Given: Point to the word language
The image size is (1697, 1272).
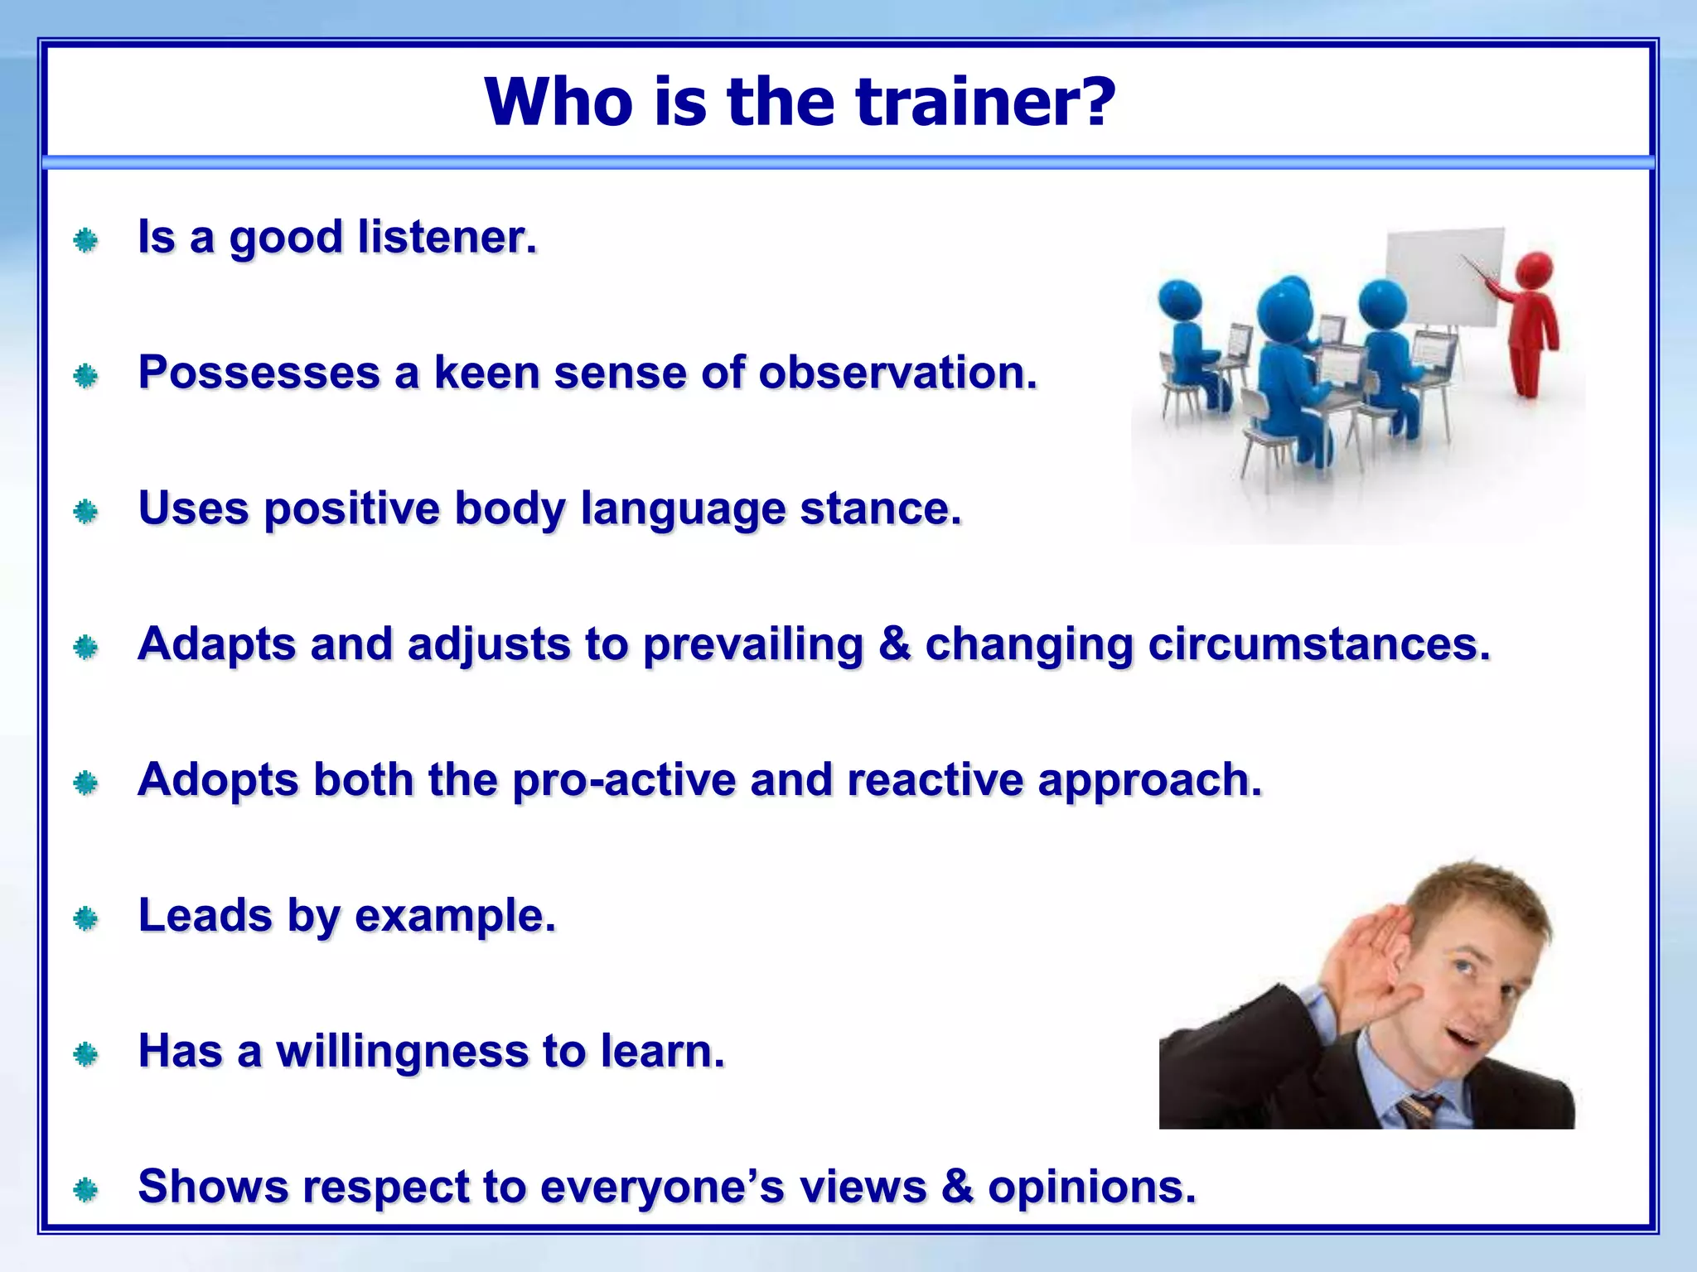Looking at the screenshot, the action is click(682, 510).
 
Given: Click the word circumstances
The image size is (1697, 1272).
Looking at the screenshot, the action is click(1318, 644).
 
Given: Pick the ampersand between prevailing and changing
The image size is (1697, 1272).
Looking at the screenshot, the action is click(894, 644).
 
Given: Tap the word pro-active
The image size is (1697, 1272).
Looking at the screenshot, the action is click(623, 781).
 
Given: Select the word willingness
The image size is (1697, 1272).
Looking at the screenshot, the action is click(402, 1052).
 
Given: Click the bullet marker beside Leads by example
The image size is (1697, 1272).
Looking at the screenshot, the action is click(85, 918).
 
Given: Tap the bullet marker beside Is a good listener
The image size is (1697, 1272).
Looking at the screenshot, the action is click(85, 241).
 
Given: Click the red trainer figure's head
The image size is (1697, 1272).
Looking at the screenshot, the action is click(1535, 271).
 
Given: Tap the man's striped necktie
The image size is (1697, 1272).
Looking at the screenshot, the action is click(1419, 1110).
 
